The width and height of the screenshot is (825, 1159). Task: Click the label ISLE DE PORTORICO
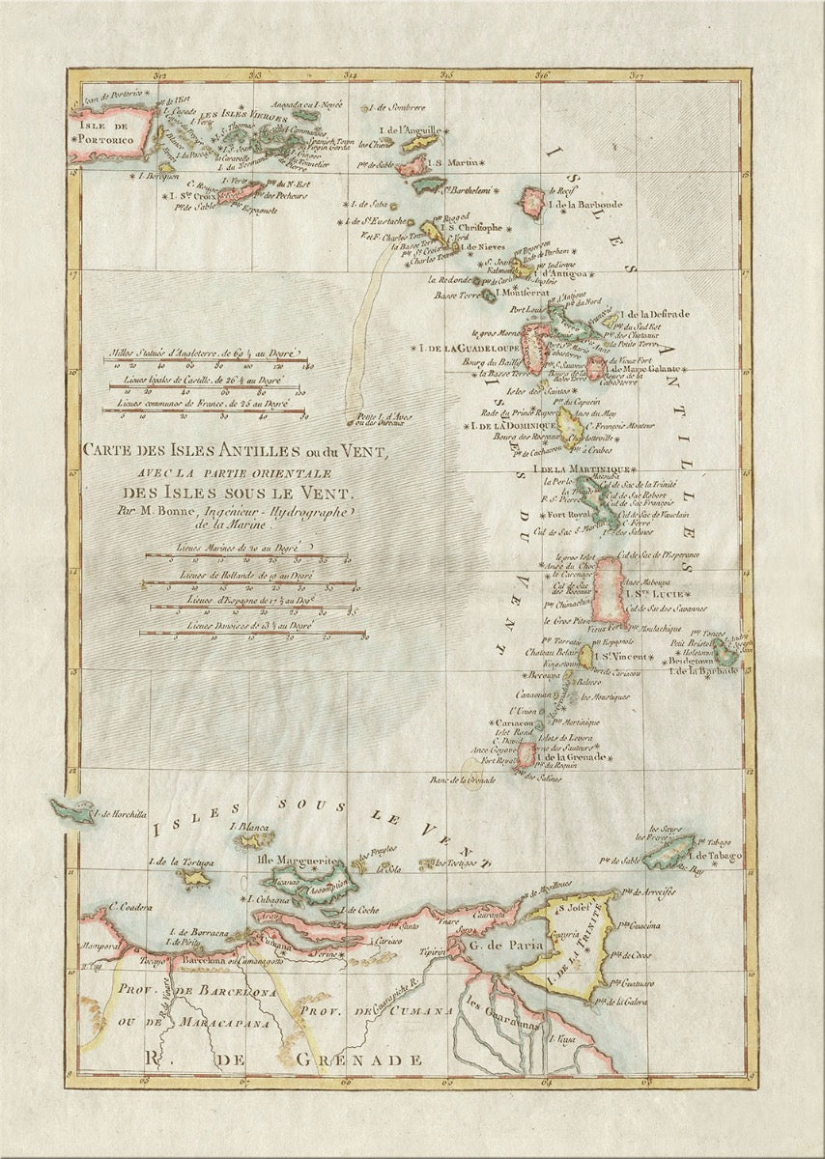point(106,131)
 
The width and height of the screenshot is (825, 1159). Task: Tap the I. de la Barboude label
point(585,205)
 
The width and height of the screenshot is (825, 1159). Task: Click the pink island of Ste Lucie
point(610,590)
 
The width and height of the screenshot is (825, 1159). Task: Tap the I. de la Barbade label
point(703,670)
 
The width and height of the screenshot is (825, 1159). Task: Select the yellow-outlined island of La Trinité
point(570,937)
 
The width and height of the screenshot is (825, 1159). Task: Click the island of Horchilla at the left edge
point(72,810)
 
